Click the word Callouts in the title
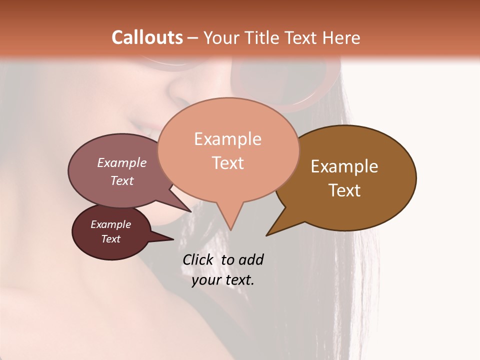[147, 37]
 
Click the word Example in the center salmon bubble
[227, 139]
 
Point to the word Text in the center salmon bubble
[228, 163]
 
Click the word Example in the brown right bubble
[344, 166]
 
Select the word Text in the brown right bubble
[344, 190]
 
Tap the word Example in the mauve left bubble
[122, 163]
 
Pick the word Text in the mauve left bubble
[122, 180]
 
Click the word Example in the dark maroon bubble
[110, 224]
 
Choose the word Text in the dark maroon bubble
[110, 239]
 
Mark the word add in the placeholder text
[251, 259]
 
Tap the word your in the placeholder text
[204, 280]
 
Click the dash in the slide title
[193, 38]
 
